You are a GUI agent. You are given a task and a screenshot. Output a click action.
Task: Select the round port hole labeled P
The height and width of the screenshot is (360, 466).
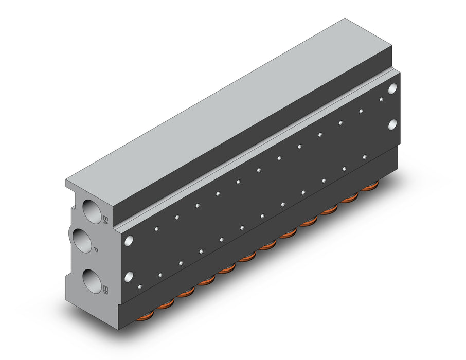[82, 240]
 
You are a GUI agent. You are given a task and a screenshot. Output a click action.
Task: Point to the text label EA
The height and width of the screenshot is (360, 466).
[105, 220]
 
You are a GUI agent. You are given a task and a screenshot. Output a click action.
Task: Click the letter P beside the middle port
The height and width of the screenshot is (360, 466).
[95, 249]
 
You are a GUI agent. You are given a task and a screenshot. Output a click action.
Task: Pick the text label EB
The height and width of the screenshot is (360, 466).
[105, 289]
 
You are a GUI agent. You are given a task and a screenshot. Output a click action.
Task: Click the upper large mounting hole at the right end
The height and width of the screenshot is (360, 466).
[392, 88]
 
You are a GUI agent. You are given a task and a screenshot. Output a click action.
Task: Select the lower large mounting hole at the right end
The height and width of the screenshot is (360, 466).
[392, 124]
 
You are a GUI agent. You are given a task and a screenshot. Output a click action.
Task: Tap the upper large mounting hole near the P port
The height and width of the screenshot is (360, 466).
[129, 241]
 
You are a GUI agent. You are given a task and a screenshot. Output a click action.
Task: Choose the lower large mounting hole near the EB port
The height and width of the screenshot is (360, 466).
[129, 277]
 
